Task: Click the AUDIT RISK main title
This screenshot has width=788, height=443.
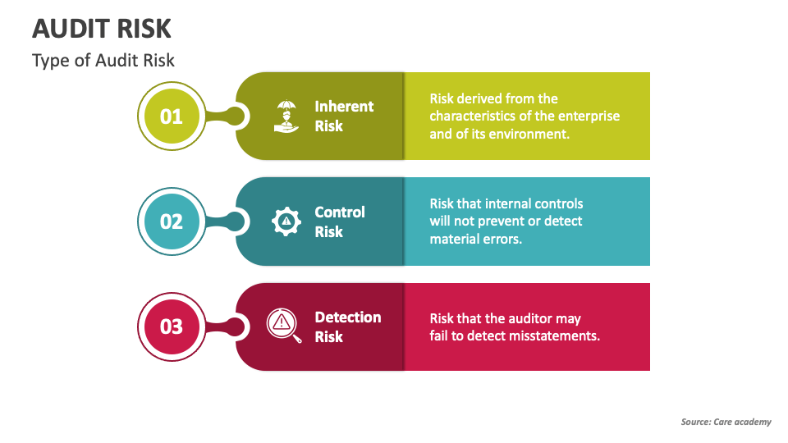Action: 102,29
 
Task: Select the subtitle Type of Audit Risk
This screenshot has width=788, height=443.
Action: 103,60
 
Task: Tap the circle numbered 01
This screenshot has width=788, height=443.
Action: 172,116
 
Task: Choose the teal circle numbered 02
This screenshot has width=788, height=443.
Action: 172,221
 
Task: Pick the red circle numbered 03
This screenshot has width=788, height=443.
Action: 172,327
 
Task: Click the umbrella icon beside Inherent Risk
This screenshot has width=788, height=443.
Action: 286,116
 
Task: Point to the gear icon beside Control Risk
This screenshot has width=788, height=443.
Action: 286,221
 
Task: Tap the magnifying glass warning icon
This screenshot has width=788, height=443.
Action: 284,326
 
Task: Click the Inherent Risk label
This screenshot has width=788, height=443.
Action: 344,116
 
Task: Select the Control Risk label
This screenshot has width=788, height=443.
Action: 340,221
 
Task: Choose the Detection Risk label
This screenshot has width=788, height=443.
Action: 348,327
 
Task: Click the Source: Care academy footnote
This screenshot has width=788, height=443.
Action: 726,422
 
